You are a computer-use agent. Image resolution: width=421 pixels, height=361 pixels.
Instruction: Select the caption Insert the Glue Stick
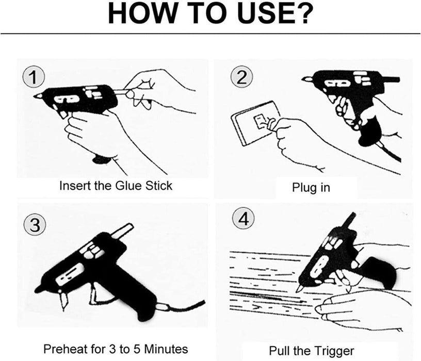[116, 185]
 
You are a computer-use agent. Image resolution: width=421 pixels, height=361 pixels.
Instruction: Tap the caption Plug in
[311, 187]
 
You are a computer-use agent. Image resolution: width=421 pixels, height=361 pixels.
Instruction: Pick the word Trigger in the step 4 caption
[335, 351]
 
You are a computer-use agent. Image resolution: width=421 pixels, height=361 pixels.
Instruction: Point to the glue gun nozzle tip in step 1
[37, 96]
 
